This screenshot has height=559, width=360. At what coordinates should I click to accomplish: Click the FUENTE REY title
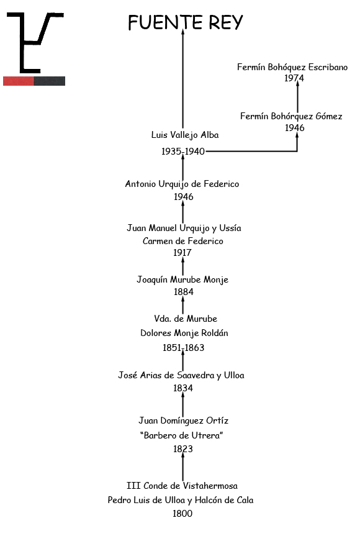coord(185,22)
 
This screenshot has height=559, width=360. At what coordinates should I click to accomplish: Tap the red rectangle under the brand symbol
coord(19,81)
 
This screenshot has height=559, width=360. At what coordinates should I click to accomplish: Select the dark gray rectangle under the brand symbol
coord(50,81)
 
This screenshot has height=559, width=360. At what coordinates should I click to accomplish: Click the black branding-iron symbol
coord(35,42)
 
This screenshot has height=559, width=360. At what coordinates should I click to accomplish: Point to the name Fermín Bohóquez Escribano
coord(292,67)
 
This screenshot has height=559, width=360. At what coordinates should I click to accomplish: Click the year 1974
coord(294,78)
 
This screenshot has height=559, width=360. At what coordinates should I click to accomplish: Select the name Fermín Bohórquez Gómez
coord(291,116)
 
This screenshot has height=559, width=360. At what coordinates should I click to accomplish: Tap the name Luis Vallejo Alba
coord(184,135)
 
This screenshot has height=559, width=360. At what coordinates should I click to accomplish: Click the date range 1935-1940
coord(183,152)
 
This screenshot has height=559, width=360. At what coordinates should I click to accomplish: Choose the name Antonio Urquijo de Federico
coord(182,184)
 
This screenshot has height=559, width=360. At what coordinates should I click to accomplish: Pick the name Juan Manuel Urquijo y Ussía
coord(184,228)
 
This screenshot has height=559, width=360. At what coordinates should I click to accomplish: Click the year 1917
coord(182,252)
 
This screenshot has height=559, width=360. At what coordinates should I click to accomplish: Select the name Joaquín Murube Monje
coord(182,279)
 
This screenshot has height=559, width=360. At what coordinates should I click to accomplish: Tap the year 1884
coord(184,292)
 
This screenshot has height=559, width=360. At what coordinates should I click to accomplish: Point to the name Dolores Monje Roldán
coord(184,333)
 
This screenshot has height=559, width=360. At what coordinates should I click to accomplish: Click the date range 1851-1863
coord(184,348)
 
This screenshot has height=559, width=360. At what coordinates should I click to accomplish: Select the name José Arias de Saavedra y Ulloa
coord(181,375)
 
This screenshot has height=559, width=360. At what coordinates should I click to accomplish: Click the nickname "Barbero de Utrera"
coord(181,435)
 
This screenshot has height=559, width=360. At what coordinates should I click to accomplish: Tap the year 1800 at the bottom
coord(182,514)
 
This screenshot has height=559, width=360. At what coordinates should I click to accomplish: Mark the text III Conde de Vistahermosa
coord(182,486)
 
